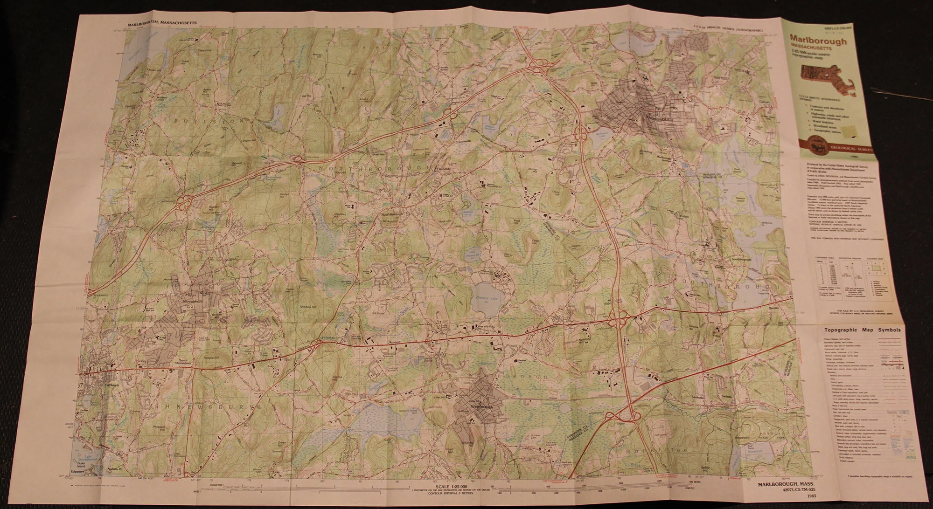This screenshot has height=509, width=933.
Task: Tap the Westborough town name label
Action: (480, 407)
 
